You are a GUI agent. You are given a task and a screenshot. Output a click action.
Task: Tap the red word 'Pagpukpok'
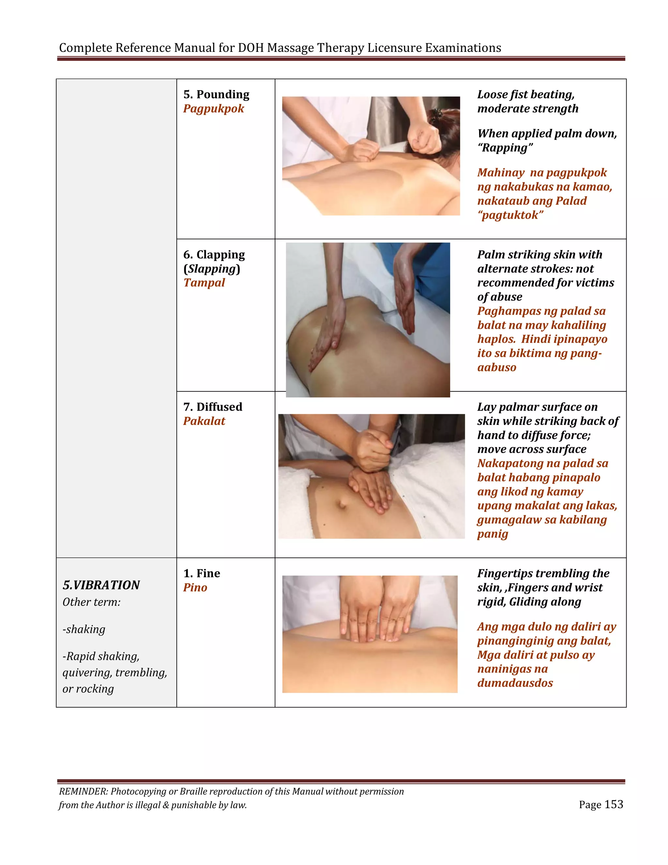[x=213, y=108]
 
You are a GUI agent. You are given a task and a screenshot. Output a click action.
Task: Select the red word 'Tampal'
[x=204, y=283]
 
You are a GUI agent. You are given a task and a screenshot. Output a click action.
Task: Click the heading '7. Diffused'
[x=213, y=407]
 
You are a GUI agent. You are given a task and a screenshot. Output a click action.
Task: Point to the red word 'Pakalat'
[x=204, y=421]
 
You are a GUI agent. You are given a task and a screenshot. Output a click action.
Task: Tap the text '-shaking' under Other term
[x=84, y=629]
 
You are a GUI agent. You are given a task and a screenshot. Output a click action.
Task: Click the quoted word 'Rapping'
[x=505, y=148]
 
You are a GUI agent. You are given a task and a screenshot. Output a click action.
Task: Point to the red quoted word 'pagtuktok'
[x=510, y=215]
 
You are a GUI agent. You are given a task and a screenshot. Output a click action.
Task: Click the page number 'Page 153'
[x=601, y=804]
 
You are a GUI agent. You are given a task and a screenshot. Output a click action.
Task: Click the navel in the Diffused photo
[x=342, y=504]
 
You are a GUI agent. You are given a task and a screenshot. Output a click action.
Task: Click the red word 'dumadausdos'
[x=515, y=683]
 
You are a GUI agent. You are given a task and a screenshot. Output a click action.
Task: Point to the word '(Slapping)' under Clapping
[x=212, y=269]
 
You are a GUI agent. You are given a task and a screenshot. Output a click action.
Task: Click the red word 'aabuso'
[x=497, y=367]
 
